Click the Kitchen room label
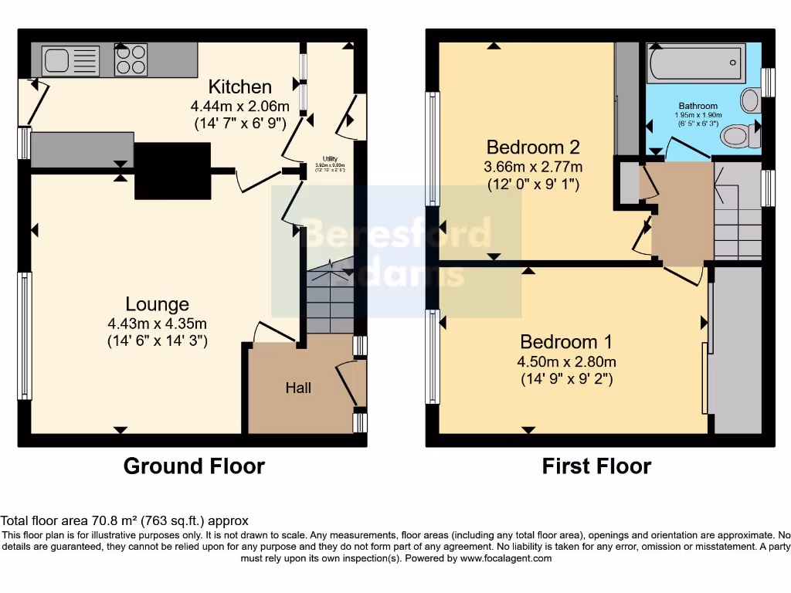coord(240,86)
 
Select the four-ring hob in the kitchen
coord(131,59)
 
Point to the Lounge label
coord(158,304)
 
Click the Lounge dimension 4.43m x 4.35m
coord(158,324)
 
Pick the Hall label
coord(298,388)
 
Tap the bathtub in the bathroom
coord(696,63)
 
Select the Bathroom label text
coord(698,106)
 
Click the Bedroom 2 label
coord(533,147)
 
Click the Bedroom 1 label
coord(559,342)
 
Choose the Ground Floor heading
coord(194,466)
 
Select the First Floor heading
coord(596,466)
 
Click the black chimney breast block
coord(173,171)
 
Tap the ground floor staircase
coord(331,301)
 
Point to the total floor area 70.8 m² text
coord(124,521)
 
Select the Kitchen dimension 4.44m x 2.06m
coord(240,106)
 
